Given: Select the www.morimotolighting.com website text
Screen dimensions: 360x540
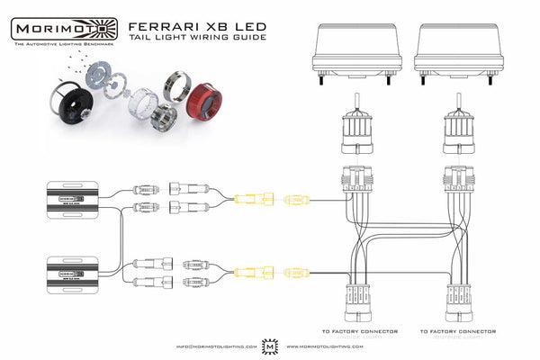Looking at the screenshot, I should (x=325, y=346).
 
